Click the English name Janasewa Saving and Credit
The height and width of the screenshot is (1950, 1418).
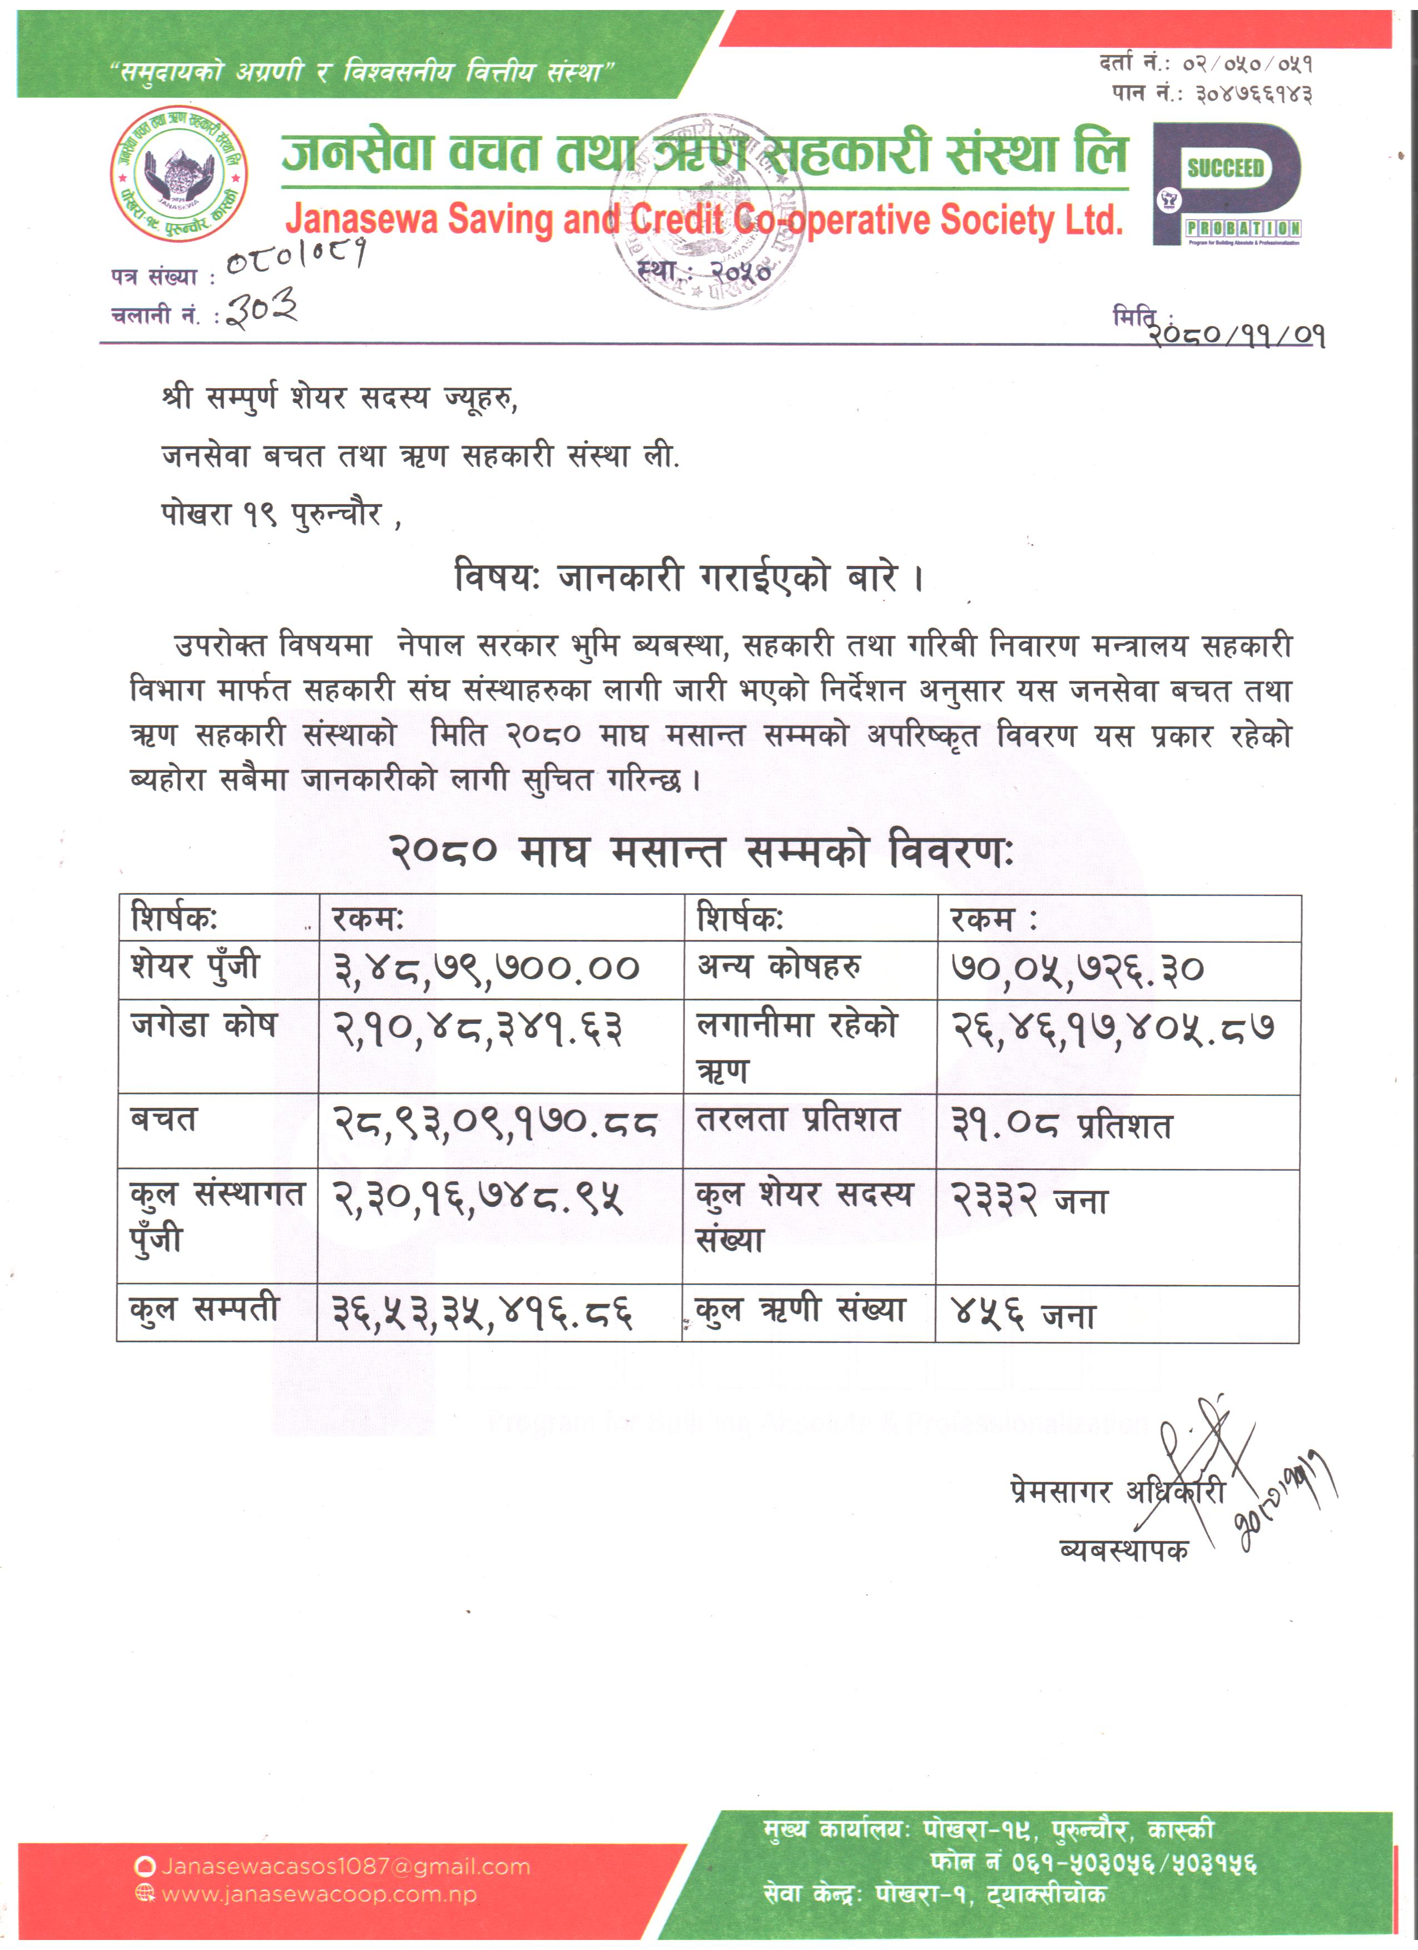pos(703,220)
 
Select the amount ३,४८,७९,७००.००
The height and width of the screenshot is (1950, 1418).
pos(487,969)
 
